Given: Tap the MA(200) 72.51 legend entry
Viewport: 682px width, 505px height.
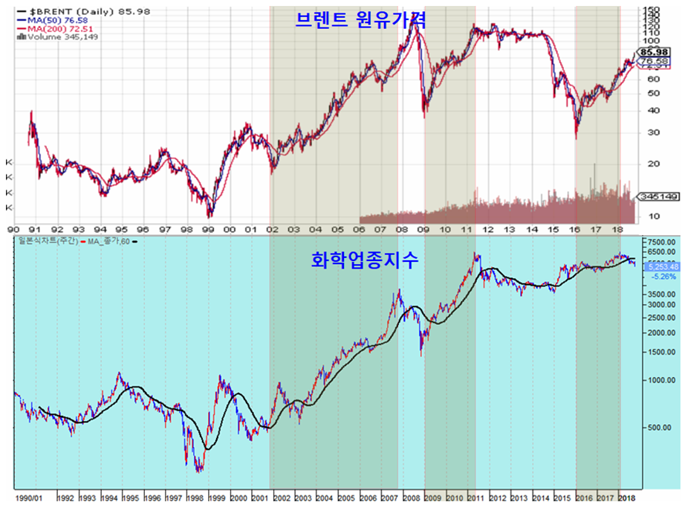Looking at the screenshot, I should [x=53, y=28].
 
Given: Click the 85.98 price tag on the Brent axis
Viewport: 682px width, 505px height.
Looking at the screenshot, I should [x=656, y=52].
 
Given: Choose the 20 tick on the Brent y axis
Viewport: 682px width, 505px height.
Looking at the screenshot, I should [x=653, y=164].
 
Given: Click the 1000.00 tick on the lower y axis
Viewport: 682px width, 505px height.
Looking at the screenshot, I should [x=659, y=379].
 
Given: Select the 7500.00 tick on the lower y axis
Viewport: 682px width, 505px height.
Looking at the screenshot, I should [x=659, y=242].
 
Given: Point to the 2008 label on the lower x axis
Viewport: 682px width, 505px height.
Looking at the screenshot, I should [x=412, y=496].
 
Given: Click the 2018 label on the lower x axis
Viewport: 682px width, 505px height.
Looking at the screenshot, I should [x=629, y=496].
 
